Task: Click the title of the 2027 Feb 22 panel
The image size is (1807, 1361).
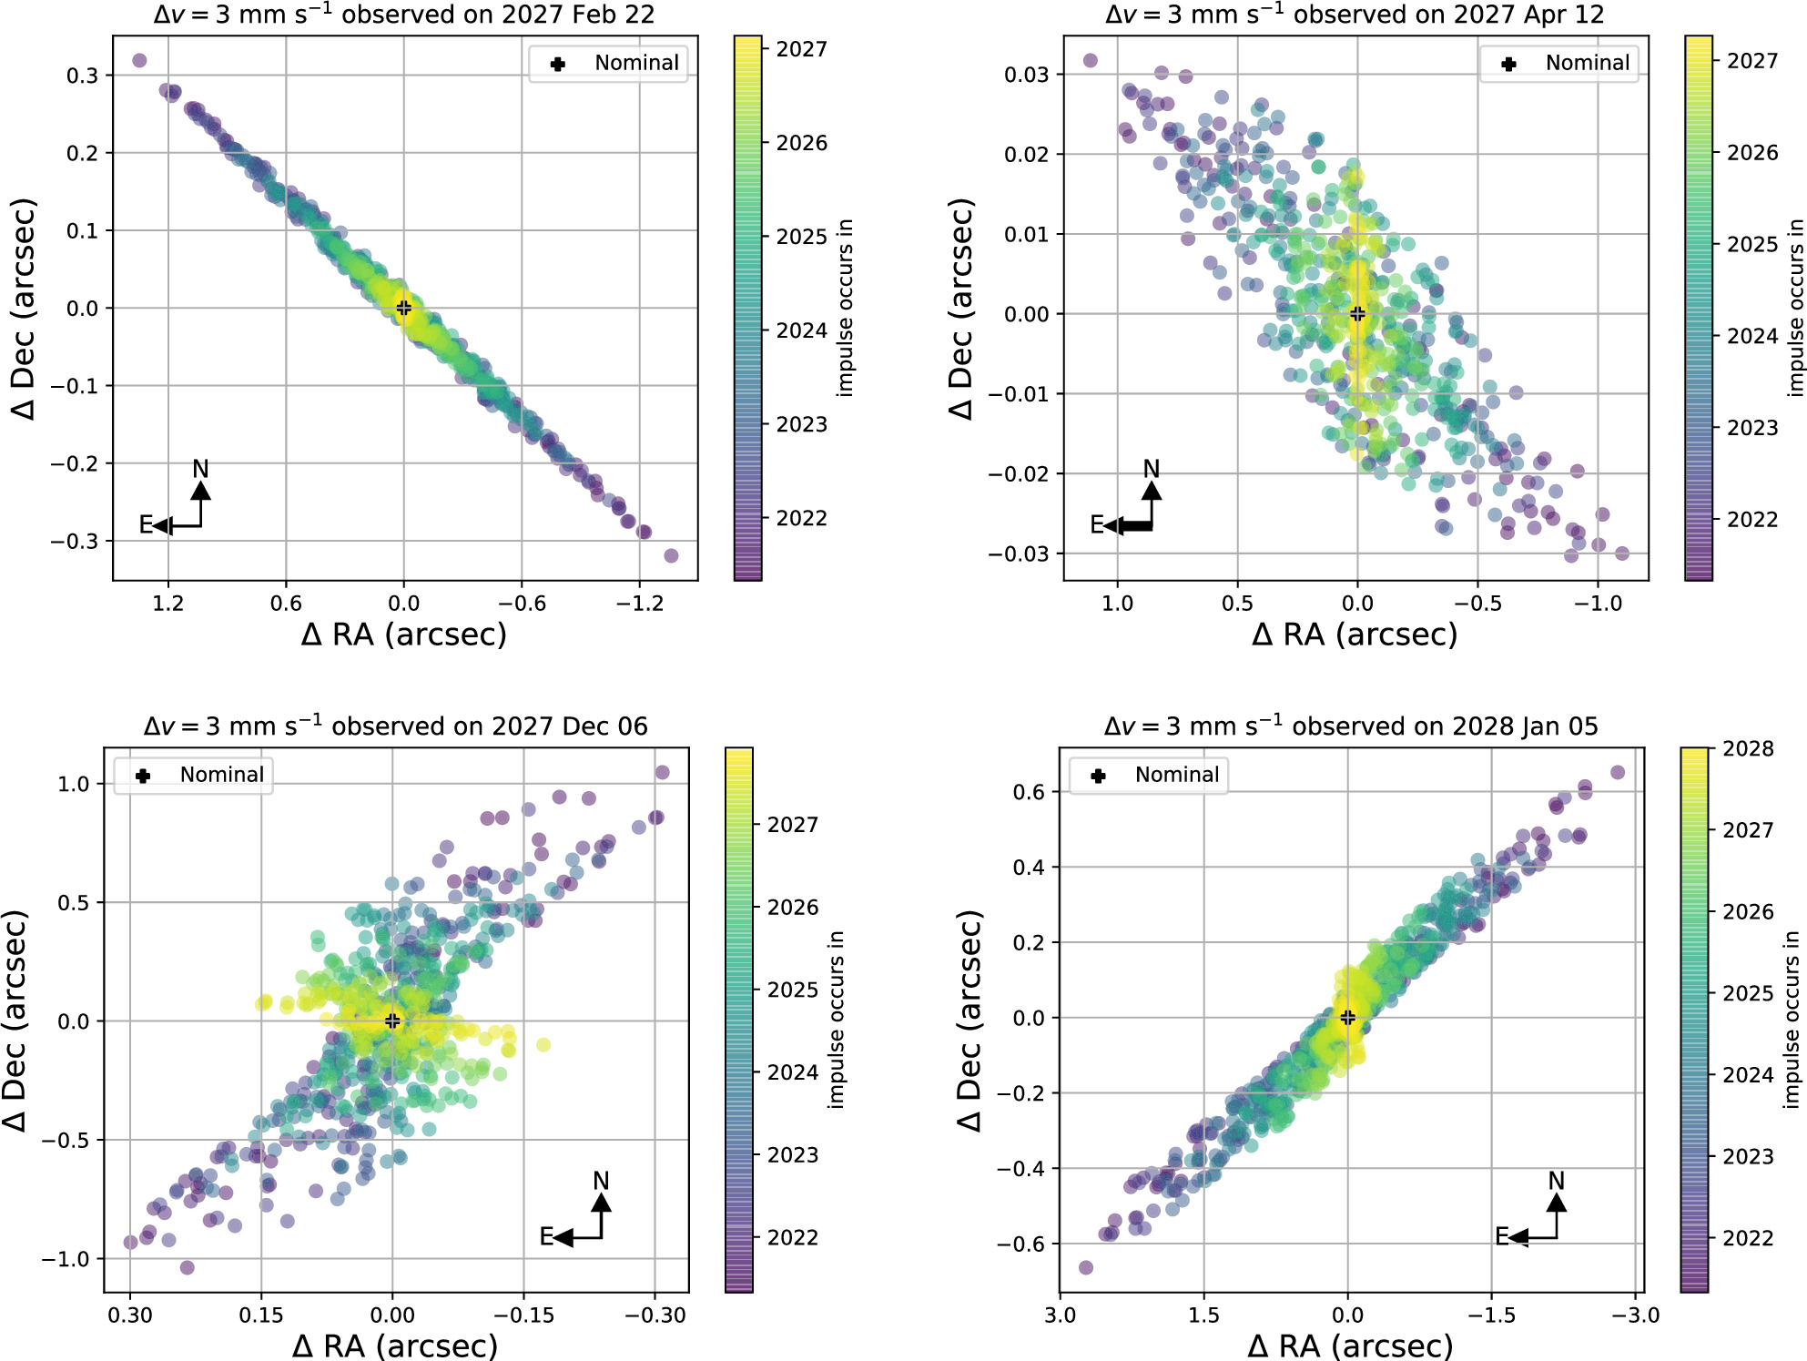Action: (403, 15)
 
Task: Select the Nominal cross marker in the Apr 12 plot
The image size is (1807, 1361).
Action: (1357, 313)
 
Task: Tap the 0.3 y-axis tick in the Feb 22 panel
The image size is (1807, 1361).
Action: (82, 76)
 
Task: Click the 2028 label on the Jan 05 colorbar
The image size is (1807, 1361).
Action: (1748, 749)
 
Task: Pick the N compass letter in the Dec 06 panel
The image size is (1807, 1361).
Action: (601, 1181)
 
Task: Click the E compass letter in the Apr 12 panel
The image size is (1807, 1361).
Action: (1097, 525)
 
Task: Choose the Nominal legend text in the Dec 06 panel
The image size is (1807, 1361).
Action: (222, 775)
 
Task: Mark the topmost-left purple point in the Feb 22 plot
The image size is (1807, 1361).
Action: (139, 60)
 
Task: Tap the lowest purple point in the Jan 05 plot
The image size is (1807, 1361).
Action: (1085, 1267)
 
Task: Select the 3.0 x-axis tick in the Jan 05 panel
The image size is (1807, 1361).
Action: (1060, 1315)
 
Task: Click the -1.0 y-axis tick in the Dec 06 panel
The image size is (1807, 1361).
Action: (66, 1259)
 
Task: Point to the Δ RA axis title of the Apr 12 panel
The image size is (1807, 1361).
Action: (1355, 635)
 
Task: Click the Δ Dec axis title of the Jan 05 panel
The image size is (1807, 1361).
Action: (970, 1020)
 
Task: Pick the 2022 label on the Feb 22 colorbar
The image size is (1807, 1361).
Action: (801, 518)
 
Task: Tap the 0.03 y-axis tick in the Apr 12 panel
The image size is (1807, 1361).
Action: (1026, 75)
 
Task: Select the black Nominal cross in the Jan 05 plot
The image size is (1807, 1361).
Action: (1347, 1017)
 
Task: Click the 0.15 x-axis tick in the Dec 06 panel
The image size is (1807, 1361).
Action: (261, 1315)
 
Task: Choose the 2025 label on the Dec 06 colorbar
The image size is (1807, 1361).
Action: (793, 990)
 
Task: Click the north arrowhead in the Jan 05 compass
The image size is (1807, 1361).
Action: (1557, 1203)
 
